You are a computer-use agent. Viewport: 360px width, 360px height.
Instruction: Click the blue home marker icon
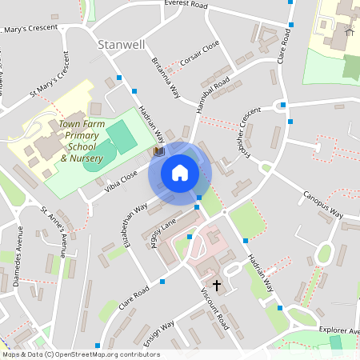tap(179, 173)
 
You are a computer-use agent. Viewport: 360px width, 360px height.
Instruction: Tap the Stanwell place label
tap(119, 45)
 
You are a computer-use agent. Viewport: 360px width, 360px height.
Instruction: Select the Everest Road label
tap(186, 5)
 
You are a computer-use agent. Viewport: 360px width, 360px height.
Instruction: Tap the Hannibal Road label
tap(212, 94)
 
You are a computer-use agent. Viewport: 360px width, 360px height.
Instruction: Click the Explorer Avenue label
tap(331, 329)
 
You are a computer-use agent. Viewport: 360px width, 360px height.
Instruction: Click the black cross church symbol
tap(216, 285)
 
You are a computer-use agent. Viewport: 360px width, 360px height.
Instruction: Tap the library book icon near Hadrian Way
tap(158, 150)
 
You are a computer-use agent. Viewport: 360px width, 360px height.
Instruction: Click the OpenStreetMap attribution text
tap(81, 354)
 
